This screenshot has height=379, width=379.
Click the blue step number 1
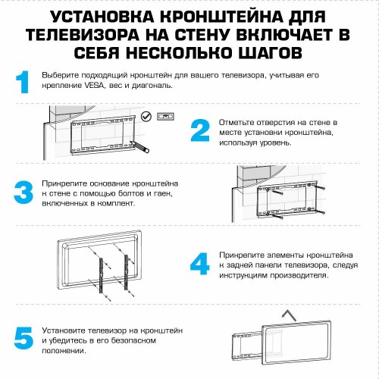(23, 82)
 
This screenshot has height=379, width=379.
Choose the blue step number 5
(24, 337)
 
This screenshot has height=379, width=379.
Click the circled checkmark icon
(146, 116)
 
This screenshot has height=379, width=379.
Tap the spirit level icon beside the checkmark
(165, 116)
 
